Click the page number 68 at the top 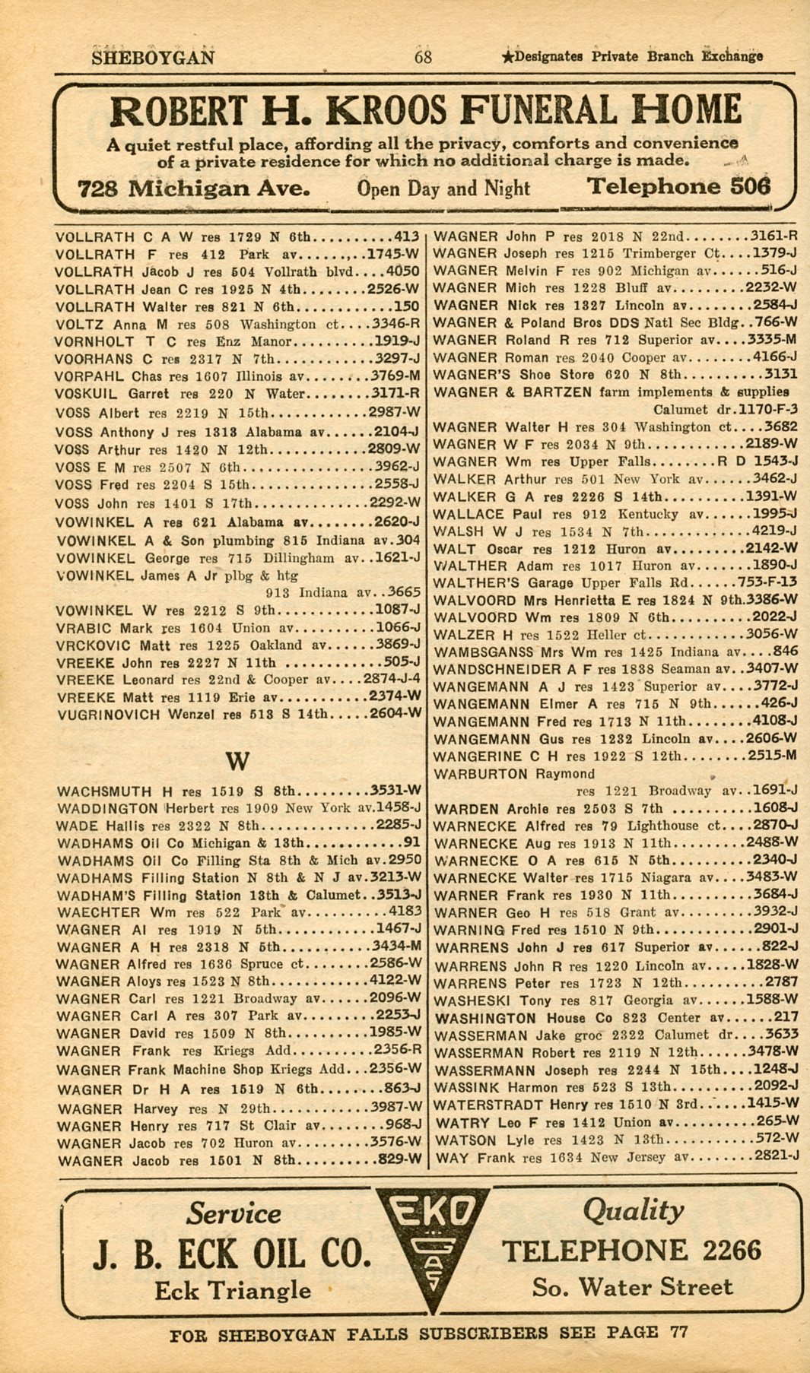coord(423,57)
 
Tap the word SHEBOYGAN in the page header coord(153,58)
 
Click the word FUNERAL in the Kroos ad coord(532,111)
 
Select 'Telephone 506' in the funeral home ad coord(678,187)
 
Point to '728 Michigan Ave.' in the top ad coord(193,189)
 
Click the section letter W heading coord(237,761)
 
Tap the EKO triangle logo coord(432,1245)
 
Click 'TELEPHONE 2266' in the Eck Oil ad coord(631,1251)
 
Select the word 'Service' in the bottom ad coord(233,1212)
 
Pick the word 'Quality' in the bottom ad coord(633,1210)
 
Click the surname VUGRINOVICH coord(107,715)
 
